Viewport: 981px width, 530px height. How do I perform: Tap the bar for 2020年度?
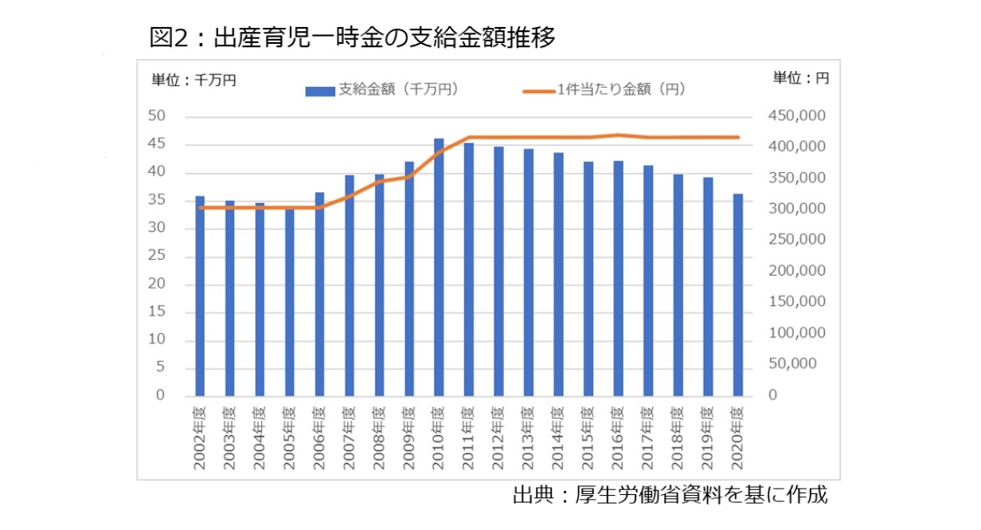click(x=738, y=295)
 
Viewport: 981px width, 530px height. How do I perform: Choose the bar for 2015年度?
click(x=588, y=279)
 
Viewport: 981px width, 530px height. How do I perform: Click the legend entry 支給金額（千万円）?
click(x=381, y=90)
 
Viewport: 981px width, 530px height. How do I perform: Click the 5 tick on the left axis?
click(x=160, y=367)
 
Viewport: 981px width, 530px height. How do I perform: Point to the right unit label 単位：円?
click(x=800, y=78)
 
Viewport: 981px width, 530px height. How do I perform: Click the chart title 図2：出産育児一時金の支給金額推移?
click(x=352, y=37)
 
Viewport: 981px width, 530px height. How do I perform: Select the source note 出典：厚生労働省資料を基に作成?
click(x=670, y=495)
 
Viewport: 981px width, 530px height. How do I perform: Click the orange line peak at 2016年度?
click(x=619, y=135)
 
